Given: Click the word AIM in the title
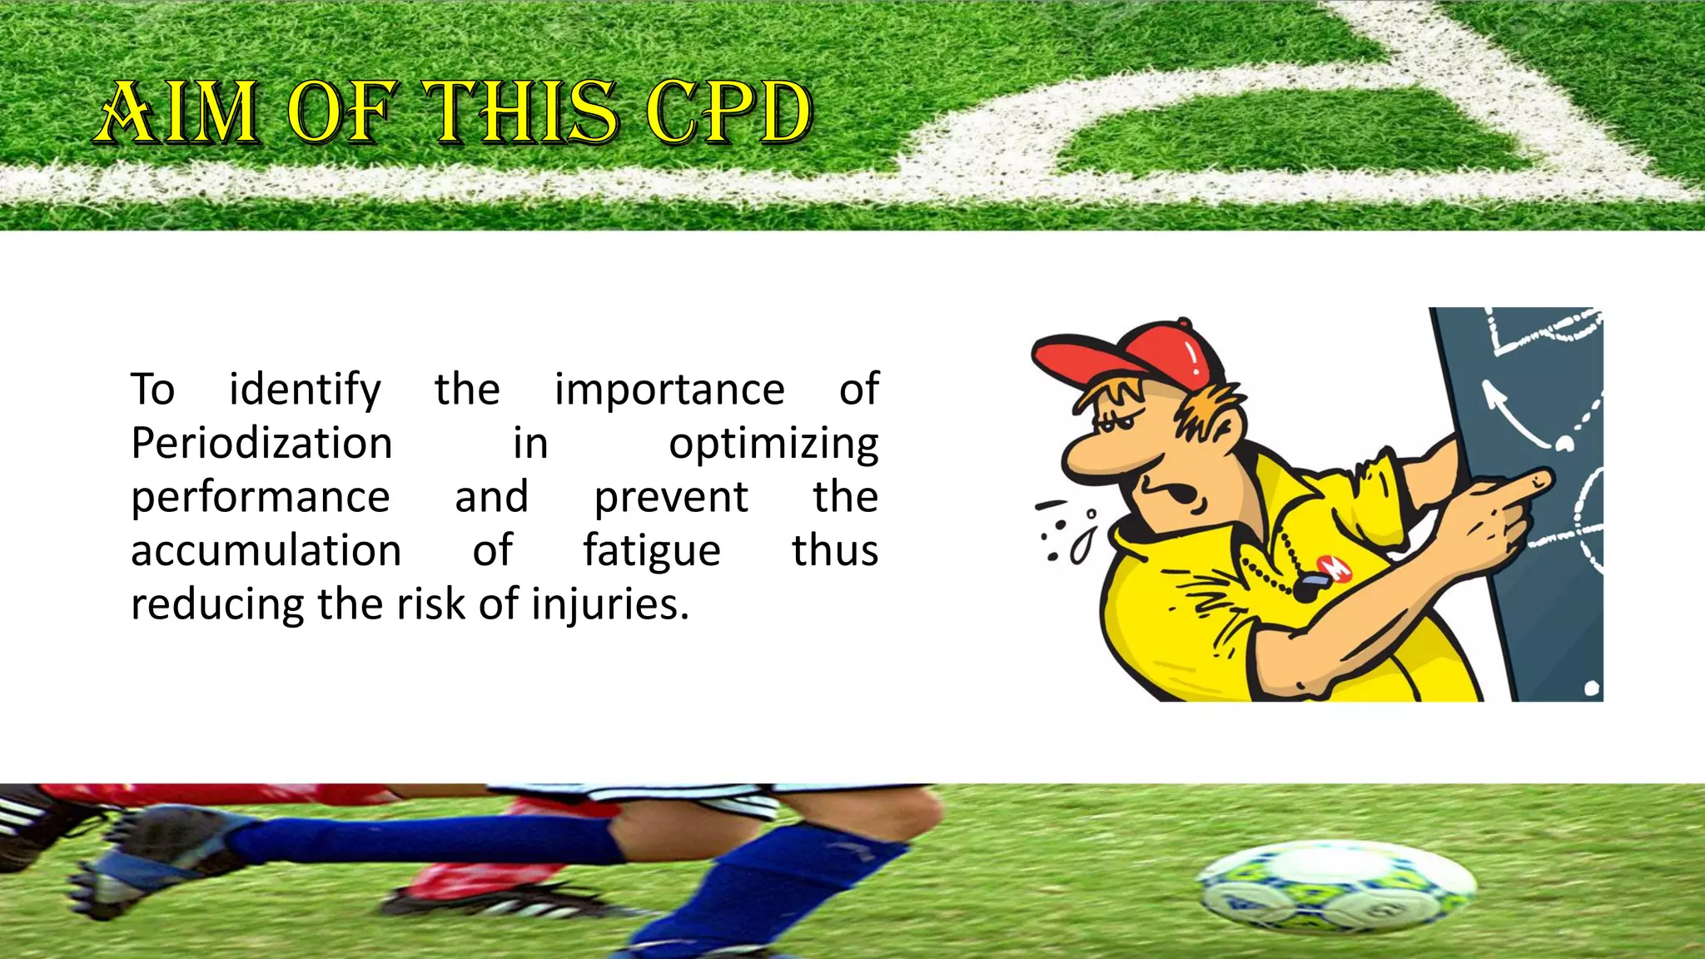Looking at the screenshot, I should point(177,113).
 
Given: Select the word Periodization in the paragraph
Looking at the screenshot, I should point(261,443).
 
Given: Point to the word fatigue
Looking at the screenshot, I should point(651,551).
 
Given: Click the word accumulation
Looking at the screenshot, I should point(266,551).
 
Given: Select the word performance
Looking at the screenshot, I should point(261,498).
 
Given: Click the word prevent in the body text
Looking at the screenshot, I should point(671,498).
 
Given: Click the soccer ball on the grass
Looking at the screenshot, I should point(1335,887).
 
